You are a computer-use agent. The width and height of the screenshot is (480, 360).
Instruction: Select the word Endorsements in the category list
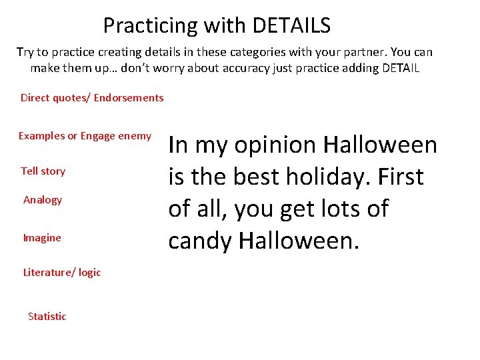[129, 98]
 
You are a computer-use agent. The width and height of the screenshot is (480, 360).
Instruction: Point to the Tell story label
[43, 171]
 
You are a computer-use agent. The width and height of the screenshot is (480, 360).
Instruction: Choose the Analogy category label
[43, 200]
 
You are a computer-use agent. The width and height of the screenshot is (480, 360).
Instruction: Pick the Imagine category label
[42, 238]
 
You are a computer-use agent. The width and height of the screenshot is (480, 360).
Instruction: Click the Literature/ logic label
[62, 272]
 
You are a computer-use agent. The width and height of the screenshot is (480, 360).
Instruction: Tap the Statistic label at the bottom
[47, 317]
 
